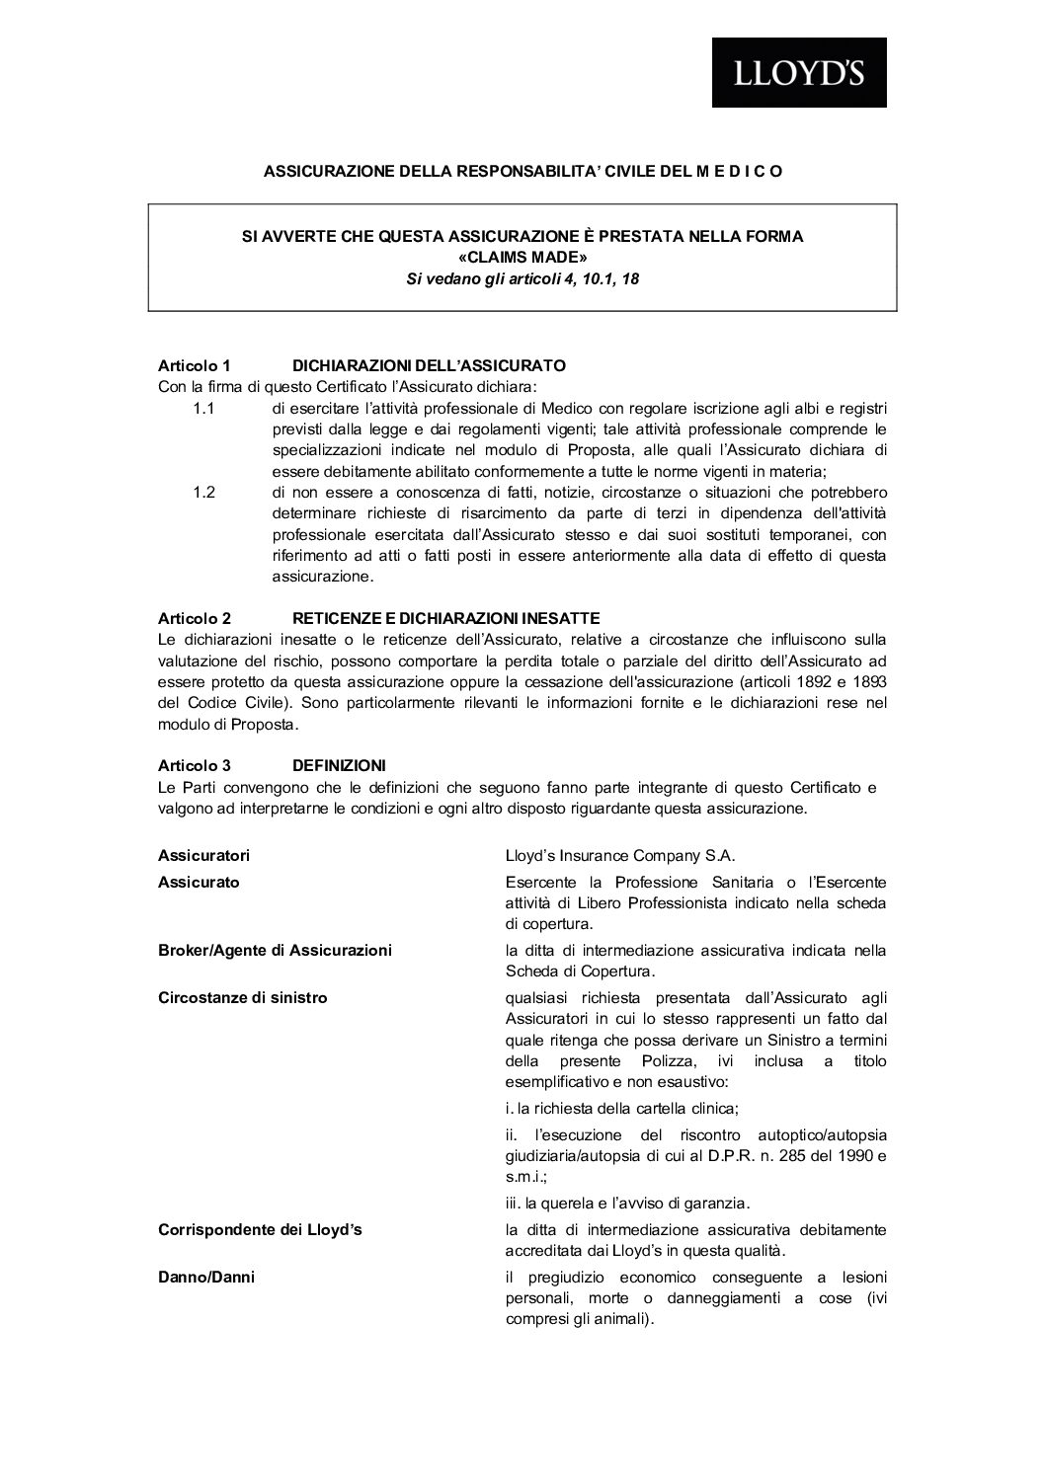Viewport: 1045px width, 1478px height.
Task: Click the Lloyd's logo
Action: (799, 72)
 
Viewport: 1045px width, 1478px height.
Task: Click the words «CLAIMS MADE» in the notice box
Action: (522, 258)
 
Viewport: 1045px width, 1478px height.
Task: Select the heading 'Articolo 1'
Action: (195, 366)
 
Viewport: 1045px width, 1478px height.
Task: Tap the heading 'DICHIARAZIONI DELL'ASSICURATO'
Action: (429, 366)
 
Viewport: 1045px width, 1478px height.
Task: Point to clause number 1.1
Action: (204, 408)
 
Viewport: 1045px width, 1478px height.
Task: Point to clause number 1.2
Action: (204, 492)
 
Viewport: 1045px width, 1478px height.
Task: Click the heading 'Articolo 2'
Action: (195, 619)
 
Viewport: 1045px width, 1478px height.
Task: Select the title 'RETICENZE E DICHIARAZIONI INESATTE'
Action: (445, 619)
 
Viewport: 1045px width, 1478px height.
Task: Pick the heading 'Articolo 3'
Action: (195, 765)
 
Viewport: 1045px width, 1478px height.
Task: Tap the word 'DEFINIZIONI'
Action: (339, 765)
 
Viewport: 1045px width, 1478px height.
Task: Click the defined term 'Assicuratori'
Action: (203, 855)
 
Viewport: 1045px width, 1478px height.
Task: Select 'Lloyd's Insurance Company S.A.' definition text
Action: (620, 855)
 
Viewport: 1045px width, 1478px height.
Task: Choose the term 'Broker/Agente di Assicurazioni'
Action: (275, 950)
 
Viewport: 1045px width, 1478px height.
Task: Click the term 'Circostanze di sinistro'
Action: (242, 997)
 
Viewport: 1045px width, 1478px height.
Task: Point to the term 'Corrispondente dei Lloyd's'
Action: (260, 1230)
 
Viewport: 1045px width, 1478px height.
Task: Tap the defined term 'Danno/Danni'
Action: (206, 1278)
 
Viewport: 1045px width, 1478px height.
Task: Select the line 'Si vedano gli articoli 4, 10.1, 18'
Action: (522, 279)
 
